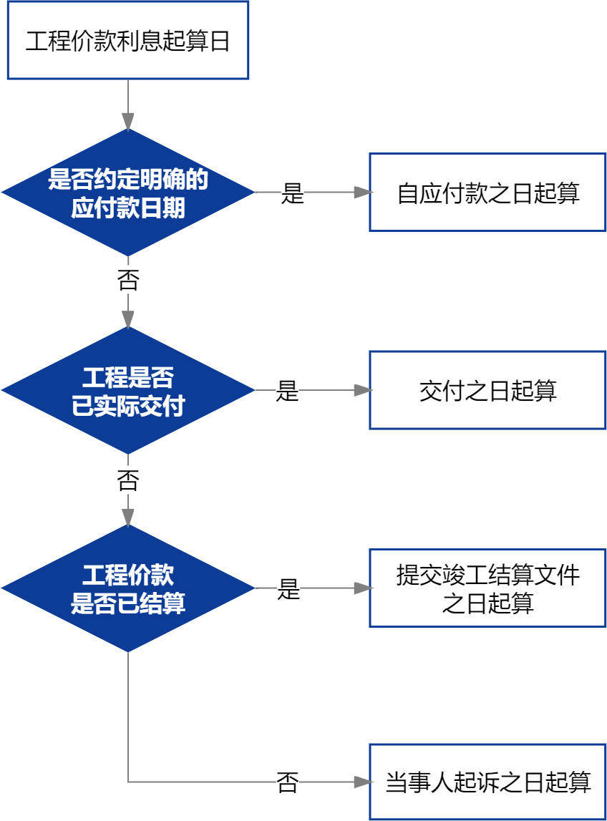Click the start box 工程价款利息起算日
coord(127,41)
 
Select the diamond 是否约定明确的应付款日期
coord(127,193)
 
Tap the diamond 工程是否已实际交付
coord(127,391)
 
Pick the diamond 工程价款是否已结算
coord(127,588)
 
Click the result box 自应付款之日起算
coord(487,193)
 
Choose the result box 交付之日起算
coord(487,391)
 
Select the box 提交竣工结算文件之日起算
coord(487,588)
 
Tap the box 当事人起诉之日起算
coord(487,782)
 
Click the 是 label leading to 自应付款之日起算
coord(292,193)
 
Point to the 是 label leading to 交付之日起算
coord(288,391)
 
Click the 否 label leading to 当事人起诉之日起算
coord(288,782)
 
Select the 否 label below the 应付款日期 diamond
coord(128,280)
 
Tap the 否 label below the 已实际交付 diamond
coord(128,480)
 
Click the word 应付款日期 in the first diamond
coord(127,208)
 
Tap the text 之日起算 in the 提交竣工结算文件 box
coord(487,603)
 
